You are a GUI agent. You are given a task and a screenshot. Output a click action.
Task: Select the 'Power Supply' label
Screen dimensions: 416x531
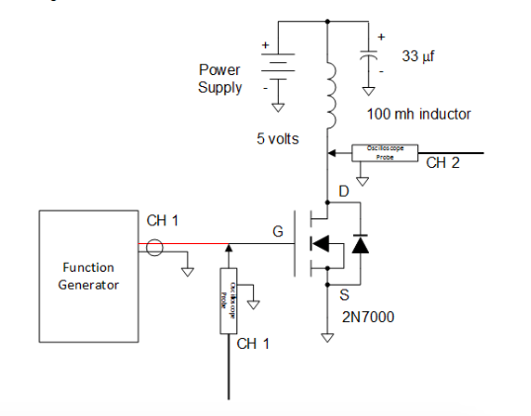[220, 79]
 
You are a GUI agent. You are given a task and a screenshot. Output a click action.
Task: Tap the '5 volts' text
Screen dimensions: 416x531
[277, 139]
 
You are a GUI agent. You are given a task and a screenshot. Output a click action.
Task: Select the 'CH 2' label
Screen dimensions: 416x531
[442, 164]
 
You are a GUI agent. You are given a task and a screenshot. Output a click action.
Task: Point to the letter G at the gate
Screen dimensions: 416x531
[279, 232]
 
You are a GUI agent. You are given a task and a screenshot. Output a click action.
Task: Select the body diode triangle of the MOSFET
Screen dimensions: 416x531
[360, 244]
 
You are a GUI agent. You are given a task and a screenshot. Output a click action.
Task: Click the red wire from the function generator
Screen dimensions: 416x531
[188, 244]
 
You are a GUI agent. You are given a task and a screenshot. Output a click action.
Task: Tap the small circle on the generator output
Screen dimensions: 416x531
[153, 245]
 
